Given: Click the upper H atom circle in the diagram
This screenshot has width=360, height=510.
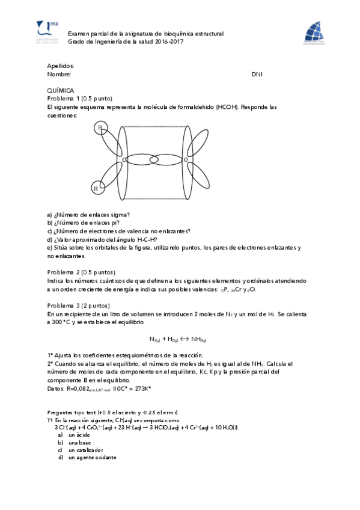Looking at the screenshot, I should pos(100,127).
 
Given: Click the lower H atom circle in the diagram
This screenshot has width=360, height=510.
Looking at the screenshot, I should pos(96,188).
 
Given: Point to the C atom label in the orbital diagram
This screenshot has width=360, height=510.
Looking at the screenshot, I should pos(124,160).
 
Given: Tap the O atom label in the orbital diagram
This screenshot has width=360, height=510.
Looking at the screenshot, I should pos(186,160).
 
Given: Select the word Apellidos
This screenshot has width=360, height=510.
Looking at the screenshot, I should pos(60,66).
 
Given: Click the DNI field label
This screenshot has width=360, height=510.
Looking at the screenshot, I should pos(257,75).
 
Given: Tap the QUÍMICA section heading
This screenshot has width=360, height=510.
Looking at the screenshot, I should pos(60,90).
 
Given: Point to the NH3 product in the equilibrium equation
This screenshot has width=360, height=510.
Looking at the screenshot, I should pos(198,339).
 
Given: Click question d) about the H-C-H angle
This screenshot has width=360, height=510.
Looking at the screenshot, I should pos(102,239).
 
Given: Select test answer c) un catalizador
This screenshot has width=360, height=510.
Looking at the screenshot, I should pos(85,450).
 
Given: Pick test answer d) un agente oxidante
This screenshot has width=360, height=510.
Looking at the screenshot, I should pos(91,458).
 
